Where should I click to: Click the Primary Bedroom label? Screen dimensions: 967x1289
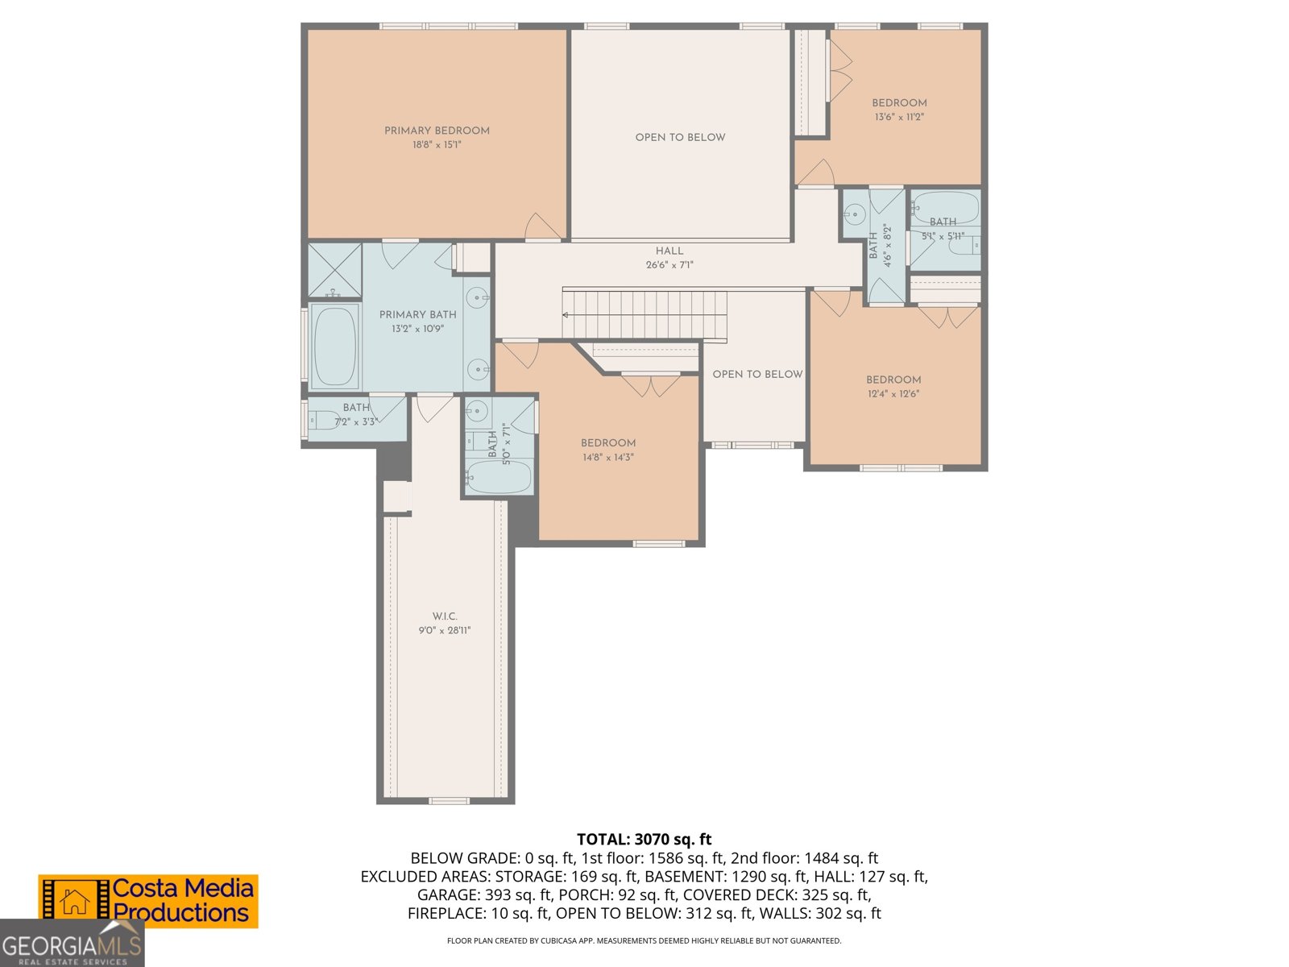pos(437,131)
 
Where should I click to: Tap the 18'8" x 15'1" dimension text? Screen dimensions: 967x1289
pos(437,145)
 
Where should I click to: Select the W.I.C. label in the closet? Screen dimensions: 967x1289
pos(444,616)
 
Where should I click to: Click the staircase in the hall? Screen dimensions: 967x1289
pos(644,314)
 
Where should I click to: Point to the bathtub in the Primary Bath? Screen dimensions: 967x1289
pos(334,347)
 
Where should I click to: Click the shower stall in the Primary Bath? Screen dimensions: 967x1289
pos(334,270)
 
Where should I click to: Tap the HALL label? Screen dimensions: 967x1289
pos(669,251)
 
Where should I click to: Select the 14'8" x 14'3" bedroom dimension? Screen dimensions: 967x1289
pos(608,457)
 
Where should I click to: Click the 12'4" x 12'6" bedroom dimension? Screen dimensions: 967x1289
pos(893,394)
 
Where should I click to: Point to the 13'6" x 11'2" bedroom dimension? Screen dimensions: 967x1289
pos(899,117)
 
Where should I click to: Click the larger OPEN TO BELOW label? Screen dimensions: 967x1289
pos(680,137)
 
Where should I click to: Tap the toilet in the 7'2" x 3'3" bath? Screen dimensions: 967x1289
pos(325,420)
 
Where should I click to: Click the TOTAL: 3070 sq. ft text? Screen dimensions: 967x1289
pos(644,840)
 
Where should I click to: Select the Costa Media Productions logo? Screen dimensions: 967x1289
pos(149,901)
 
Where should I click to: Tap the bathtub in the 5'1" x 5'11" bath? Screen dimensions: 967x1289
pos(944,207)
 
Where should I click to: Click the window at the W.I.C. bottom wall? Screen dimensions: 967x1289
pos(449,800)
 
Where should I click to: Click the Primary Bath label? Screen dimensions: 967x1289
pos(417,314)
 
